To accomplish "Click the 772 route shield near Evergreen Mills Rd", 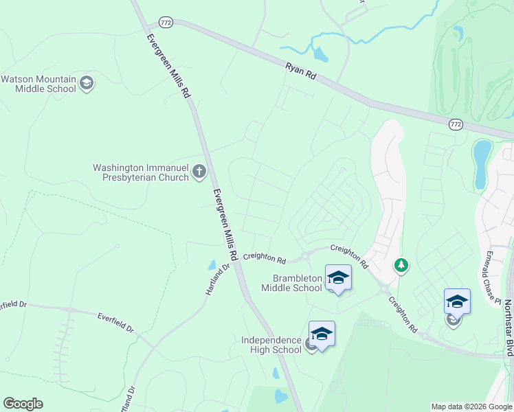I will pyautogui.click(x=165, y=22).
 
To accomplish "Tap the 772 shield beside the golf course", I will pyautogui.click(x=455, y=124).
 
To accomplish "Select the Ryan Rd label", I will pyautogui.click(x=300, y=72).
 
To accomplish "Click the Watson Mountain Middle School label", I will pyautogui.click(x=38, y=84).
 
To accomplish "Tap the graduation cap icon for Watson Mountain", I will pyautogui.click(x=87, y=84).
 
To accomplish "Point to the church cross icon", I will pyautogui.click(x=199, y=171).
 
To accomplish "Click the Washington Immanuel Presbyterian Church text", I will pyautogui.click(x=141, y=172).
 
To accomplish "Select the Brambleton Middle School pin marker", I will pyautogui.click(x=338, y=278).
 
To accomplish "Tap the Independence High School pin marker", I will pyautogui.click(x=322, y=334).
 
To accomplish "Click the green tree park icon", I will pyautogui.click(x=401, y=264).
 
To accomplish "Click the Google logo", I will pyautogui.click(x=23, y=404).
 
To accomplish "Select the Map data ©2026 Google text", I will pyautogui.click(x=471, y=407).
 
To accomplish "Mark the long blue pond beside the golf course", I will pyautogui.click(x=482, y=164).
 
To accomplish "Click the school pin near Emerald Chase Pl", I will pyautogui.click(x=457, y=302).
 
